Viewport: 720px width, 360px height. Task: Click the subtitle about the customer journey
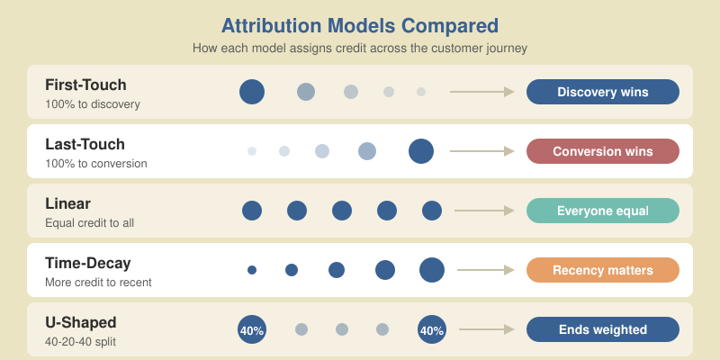[x=360, y=48]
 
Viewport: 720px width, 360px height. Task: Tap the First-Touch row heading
[x=85, y=85]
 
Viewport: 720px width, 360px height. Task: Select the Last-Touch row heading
[x=85, y=144]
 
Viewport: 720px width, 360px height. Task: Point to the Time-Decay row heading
[x=88, y=264]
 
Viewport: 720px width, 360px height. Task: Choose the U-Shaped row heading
[x=81, y=322]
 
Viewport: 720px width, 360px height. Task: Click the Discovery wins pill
[x=602, y=92]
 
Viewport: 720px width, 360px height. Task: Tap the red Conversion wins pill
[x=602, y=151]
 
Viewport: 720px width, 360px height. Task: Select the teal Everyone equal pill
[x=602, y=211]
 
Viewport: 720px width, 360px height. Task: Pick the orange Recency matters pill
[x=602, y=270]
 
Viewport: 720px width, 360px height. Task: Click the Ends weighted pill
[x=602, y=329]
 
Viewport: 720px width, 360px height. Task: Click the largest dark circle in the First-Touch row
[x=252, y=91]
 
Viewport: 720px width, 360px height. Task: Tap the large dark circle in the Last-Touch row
[x=421, y=151]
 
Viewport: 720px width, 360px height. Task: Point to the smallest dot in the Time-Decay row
[x=252, y=270]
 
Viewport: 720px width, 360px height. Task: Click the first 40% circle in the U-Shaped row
[x=252, y=330]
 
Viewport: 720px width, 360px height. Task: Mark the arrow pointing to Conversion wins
[x=481, y=151]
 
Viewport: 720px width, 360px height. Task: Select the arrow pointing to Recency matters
[x=485, y=270]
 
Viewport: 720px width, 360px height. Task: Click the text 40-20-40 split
[x=81, y=342]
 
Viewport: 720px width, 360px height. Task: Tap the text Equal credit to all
[x=89, y=222]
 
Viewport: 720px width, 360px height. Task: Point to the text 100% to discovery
[x=93, y=103]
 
